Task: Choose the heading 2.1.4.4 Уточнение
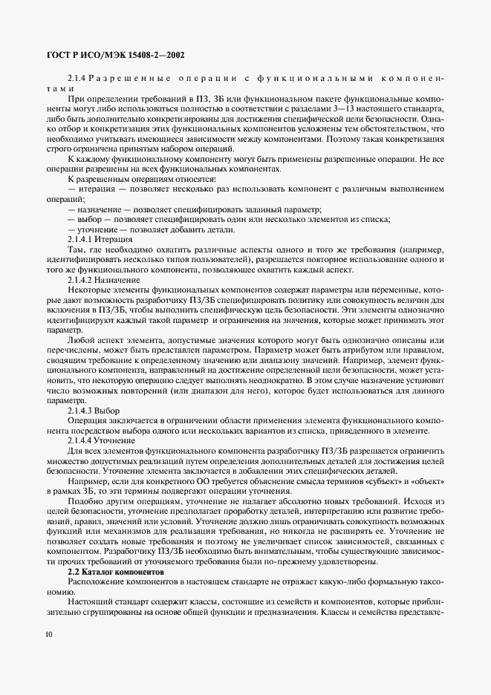point(102,440)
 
